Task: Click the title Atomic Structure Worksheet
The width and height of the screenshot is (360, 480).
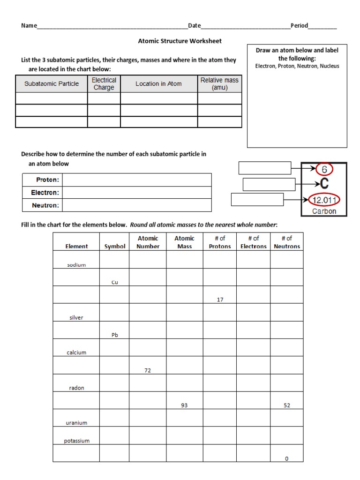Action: coord(180,41)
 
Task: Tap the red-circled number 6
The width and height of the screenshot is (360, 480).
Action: coord(324,169)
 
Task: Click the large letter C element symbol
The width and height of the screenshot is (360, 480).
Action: coord(324,184)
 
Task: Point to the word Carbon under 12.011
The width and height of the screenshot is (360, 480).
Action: coord(324,211)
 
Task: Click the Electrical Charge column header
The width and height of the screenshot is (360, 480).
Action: coord(104,84)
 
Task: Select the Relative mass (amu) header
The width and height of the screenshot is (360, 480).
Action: coord(219,84)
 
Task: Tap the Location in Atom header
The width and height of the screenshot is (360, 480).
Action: coord(158,84)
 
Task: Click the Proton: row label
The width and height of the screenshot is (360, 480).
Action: coord(47,180)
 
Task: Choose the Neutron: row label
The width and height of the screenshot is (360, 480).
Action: coord(45,205)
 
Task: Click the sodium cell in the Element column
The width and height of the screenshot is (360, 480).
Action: coord(76,265)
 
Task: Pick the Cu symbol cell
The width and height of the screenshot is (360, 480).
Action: coord(114,282)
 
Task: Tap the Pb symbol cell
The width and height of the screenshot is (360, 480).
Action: coord(114,335)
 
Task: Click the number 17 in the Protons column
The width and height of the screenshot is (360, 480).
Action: coord(220,300)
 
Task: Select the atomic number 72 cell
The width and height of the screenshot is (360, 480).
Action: coord(148,370)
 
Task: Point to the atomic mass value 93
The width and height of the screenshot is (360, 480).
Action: coord(184,405)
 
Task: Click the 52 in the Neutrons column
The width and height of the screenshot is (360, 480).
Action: coord(287,405)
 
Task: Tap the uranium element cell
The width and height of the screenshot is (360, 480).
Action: coord(76,423)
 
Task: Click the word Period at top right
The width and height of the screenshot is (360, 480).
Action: coord(299,25)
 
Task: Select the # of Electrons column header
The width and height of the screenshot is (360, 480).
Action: coord(253,242)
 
